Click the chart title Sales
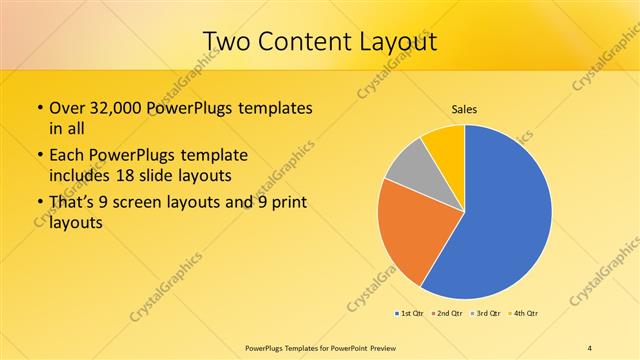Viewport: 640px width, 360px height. click(464, 109)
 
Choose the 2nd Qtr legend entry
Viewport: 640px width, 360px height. click(450, 313)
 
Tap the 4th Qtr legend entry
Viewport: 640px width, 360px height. click(526, 313)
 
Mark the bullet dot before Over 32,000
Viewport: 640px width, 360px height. click(38, 108)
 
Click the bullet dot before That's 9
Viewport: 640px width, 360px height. click(38, 205)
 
